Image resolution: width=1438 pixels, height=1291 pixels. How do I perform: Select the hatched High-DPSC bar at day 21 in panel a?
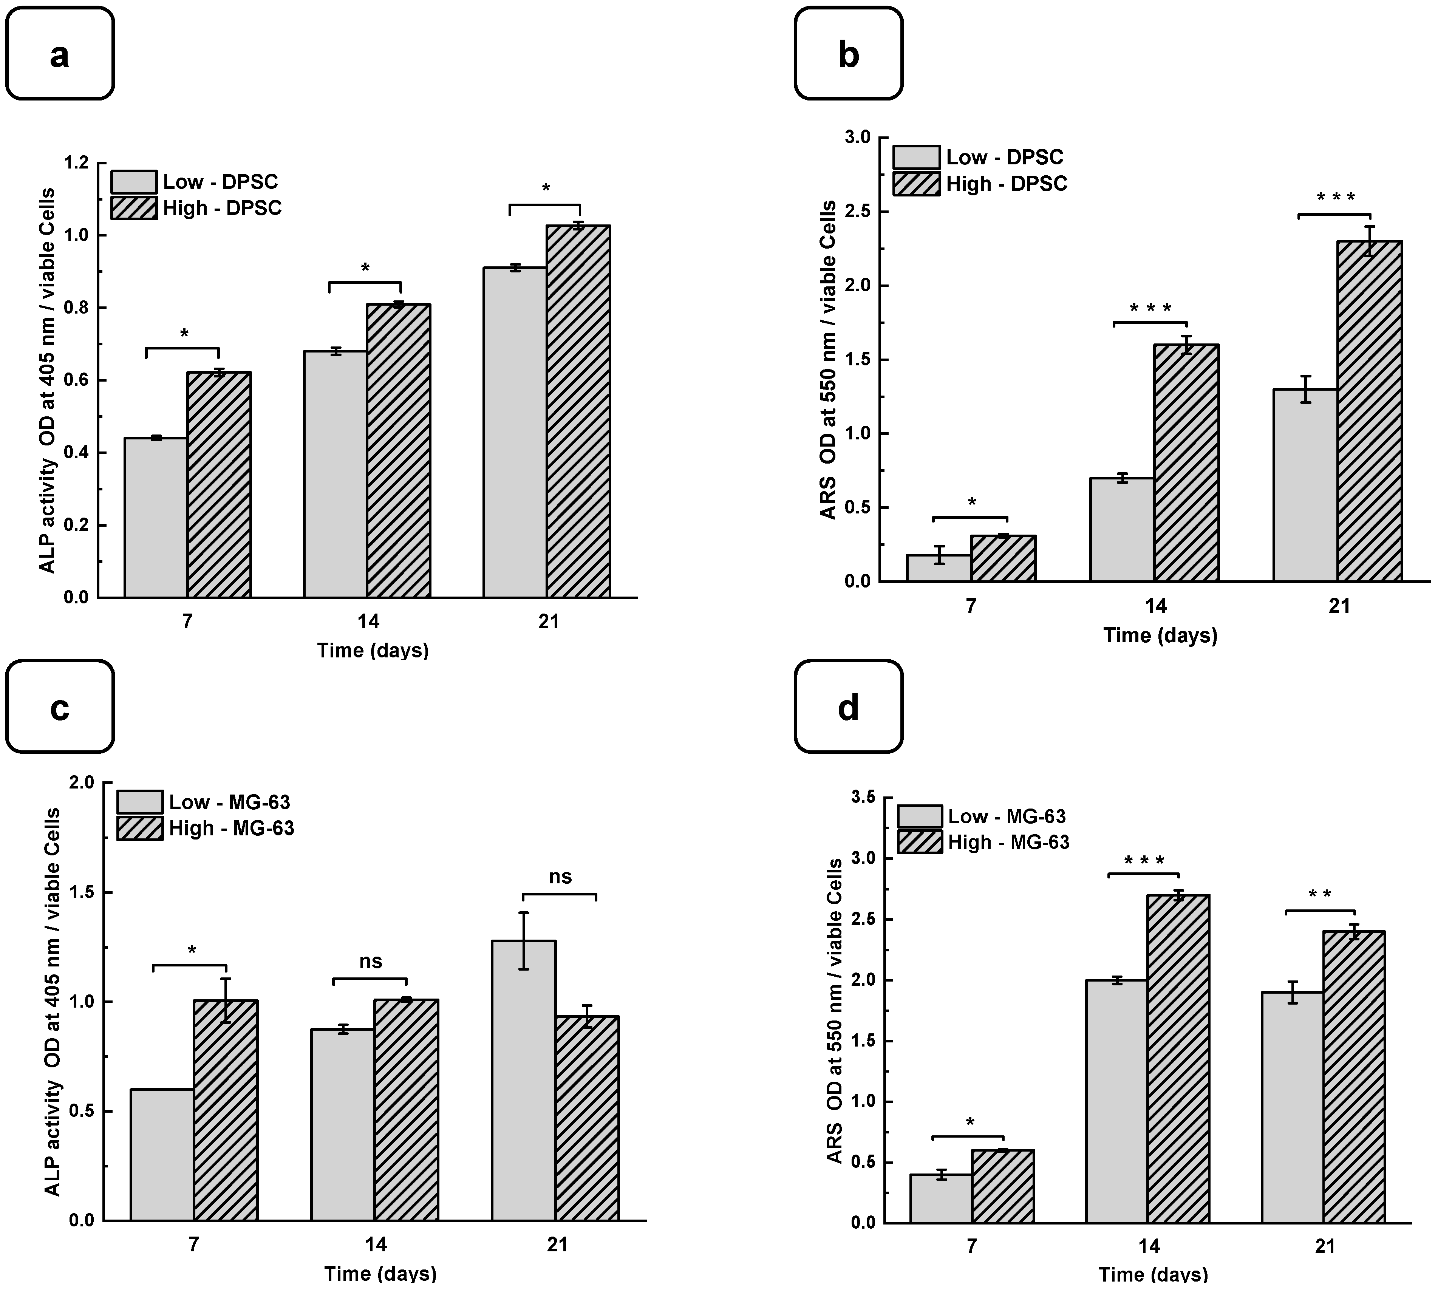pos(578,411)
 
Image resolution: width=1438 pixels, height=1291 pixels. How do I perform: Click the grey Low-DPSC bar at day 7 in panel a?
pos(156,518)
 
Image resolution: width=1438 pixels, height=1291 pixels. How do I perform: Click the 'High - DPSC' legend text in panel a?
pos(222,208)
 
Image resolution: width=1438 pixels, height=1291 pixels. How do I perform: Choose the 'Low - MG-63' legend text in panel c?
pos(229,802)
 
